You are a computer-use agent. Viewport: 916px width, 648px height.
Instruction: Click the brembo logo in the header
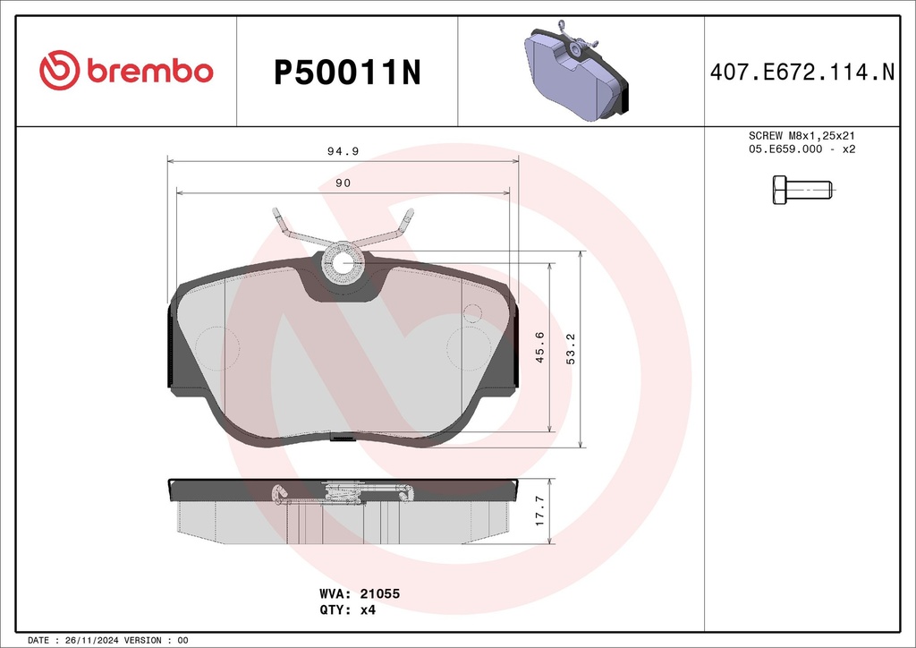[x=126, y=70]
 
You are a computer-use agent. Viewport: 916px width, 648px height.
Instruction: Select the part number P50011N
[x=347, y=72]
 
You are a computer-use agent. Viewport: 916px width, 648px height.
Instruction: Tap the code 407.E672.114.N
[x=802, y=72]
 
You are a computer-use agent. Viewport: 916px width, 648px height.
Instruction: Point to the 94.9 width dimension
[x=343, y=151]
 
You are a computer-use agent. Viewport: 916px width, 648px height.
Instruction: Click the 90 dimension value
[x=343, y=183]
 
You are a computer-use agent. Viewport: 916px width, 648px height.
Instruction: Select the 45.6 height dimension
[x=539, y=347]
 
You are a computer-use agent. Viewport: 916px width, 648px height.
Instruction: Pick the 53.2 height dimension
[x=571, y=349]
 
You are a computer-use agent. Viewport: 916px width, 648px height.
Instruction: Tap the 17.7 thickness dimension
[x=539, y=511]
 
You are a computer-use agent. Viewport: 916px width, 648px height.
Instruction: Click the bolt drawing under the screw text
[x=802, y=190]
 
